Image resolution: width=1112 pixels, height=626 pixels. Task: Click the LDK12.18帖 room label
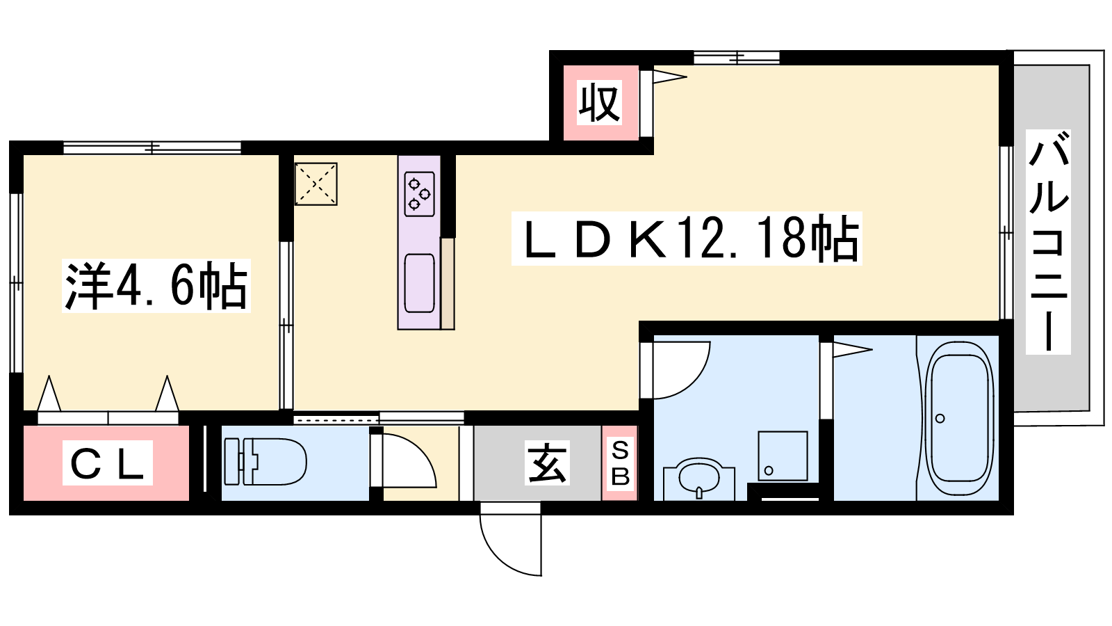687,239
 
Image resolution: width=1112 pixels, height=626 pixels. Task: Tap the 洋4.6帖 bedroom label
156,286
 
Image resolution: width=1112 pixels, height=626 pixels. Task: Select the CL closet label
107,463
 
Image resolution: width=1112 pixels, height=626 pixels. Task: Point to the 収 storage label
600,102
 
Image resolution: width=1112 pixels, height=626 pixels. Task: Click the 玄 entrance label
547,463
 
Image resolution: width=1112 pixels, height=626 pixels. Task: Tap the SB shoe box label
619,463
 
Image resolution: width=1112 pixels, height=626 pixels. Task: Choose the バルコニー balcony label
1048,242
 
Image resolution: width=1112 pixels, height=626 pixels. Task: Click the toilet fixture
265,461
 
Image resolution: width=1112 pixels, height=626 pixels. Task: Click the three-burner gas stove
420,194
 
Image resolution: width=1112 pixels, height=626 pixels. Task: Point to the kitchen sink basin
420,283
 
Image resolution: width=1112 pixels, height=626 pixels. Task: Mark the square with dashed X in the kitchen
316,184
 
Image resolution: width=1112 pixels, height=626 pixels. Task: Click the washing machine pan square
783,456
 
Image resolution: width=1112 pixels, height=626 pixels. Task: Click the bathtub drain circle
940,418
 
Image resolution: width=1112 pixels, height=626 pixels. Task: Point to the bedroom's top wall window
152,147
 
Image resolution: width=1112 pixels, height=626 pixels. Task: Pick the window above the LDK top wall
736,58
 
